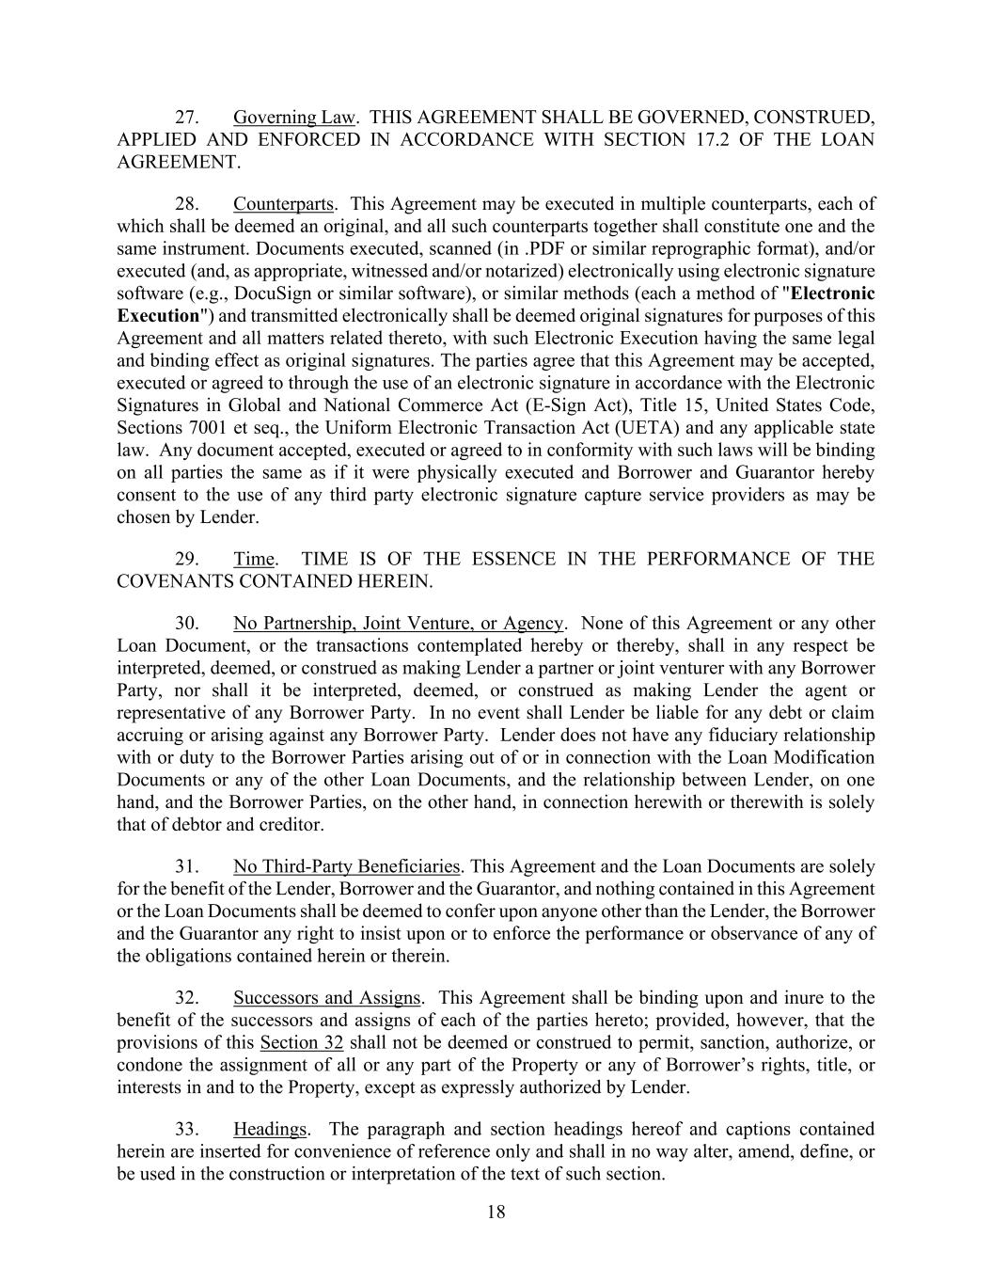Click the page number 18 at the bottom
pyautogui.click(x=496, y=1212)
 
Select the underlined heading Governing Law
pyautogui.click(x=294, y=118)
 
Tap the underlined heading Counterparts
pyautogui.click(x=283, y=204)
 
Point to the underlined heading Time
pyautogui.click(x=254, y=560)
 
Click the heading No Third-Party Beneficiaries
pyautogui.click(x=346, y=866)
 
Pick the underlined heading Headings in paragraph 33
pyautogui.click(x=270, y=1129)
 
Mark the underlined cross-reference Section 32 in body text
pyautogui.click(x=301, y=1043)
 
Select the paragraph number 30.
pyautogui.click(x=187, y=624)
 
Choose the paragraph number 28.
pyautogui.click(x=187, y=204)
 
